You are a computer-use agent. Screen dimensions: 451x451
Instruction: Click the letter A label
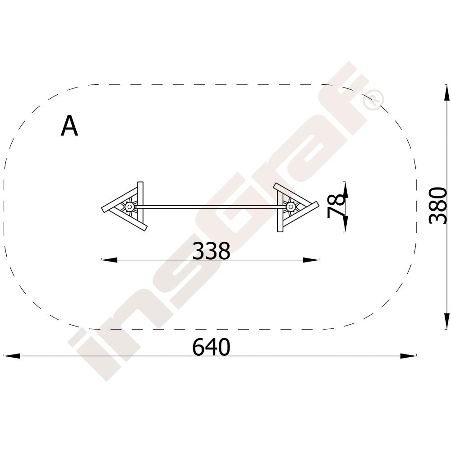pos(69,126)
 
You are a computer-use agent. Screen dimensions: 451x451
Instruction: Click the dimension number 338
pos(212,251)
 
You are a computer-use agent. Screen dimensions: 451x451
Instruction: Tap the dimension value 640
pos(212,347)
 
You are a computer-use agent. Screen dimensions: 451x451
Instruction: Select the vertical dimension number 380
pos(438,205)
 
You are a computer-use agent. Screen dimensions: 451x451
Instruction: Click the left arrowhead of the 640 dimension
pos(12,356)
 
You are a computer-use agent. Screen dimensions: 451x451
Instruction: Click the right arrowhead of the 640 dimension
pos(408,356)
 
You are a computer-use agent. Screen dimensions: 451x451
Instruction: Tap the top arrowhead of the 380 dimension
pos(446,92)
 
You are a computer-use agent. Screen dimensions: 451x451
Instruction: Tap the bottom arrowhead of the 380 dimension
pos(446,321)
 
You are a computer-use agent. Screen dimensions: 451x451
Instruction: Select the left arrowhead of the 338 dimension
pos(109,260)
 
